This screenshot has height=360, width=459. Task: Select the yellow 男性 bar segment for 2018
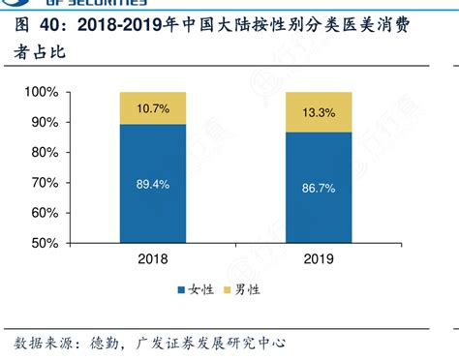[x=153, y=107]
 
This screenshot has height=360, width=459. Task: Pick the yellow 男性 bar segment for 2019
[x=319, y=111]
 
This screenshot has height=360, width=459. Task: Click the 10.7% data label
[x=153, y=108]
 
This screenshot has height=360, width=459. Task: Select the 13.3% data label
[x=319, y=112]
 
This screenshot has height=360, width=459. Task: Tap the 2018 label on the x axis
[x=153, y=259]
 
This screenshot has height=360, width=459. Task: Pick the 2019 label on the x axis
[x=319, y=259]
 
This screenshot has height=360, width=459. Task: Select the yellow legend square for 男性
[x=229, y=289]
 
